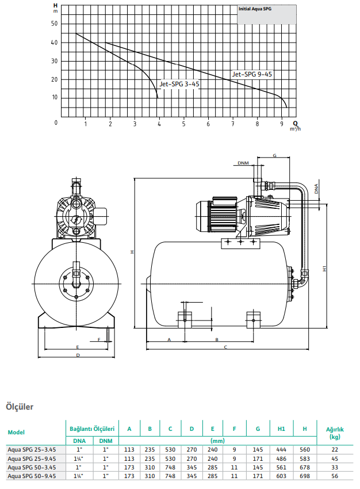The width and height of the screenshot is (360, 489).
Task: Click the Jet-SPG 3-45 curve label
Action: point(179,84)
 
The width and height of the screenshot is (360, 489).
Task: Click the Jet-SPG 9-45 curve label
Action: point(252,74)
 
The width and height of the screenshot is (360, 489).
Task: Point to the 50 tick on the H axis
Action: point(55,24)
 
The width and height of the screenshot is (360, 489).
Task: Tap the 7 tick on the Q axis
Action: point(233,124)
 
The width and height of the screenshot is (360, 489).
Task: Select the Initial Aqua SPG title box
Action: point(267,14)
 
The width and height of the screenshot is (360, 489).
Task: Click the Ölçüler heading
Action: point(20,407)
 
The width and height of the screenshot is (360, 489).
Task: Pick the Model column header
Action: point(16,432)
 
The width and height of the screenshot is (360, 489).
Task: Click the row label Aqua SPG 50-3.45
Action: point(32,467)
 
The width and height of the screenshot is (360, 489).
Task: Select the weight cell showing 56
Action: point(335,476)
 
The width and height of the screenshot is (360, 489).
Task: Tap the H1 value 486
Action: point(281,459)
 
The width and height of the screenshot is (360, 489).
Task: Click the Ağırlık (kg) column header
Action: point(335,433)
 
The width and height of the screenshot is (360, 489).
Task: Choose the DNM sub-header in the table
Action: point(106,441)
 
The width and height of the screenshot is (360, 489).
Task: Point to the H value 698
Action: point(305,476)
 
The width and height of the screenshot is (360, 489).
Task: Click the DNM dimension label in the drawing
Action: point(243,163)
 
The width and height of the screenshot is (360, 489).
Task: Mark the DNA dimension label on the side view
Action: point(316,189)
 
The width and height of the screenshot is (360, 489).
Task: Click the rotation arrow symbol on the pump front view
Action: point(76,220)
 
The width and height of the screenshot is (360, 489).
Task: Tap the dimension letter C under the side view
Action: point(225,347)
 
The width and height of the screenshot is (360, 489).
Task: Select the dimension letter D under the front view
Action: point(78,355)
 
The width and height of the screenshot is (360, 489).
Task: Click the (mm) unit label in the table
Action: point(217,441)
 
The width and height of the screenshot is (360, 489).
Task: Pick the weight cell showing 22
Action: point(335,450)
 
